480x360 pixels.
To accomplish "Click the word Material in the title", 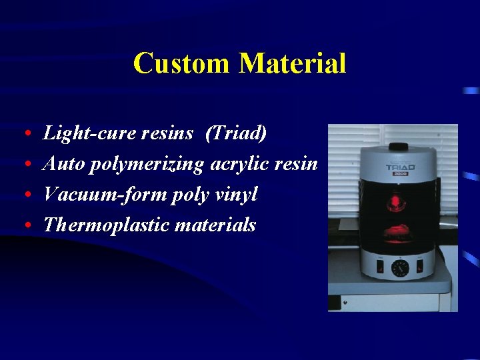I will click(x=293, y=64).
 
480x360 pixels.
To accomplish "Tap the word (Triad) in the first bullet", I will click(x=236, y=133).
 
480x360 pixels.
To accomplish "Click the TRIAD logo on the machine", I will click(x=399, y=168).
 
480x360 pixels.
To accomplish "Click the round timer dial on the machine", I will click(x=400, y=269).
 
